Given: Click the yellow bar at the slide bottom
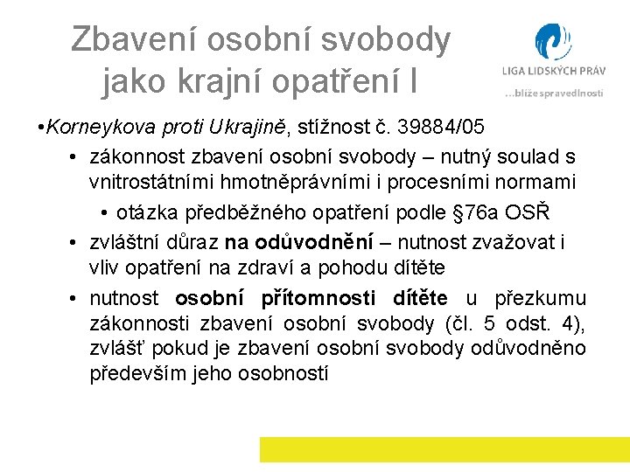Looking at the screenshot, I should [444, 449].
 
